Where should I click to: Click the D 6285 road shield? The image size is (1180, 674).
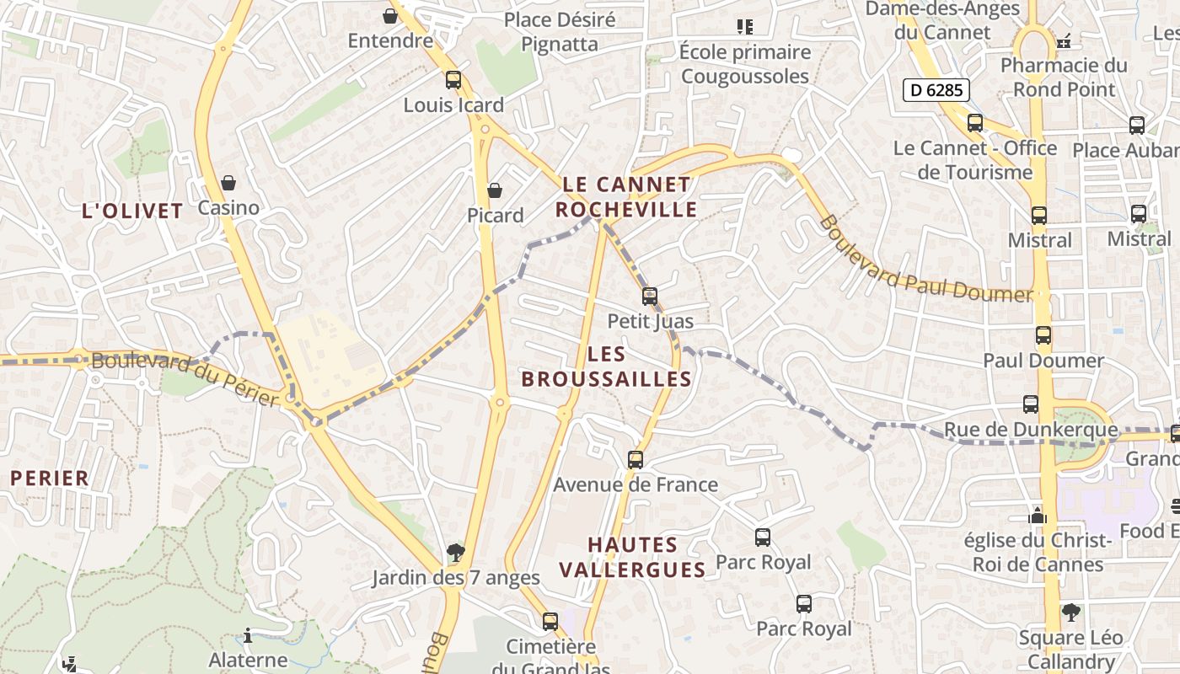[936, 90]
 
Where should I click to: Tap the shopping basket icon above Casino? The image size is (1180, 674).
[228, 183]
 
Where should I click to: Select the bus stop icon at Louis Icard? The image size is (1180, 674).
[453, 81]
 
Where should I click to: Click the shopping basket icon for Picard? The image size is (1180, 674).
[495, 191]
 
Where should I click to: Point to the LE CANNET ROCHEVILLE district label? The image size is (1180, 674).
[626, 196]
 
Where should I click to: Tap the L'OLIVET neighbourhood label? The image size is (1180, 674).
[132, 211]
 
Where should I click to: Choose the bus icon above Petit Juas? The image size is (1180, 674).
[650, 297]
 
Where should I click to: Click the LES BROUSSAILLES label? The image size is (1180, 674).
[607, 366]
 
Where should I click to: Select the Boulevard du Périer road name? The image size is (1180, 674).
[185, 379]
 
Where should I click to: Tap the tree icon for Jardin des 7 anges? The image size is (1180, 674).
[456, 553]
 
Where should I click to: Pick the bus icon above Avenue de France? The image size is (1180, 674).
[636, 460]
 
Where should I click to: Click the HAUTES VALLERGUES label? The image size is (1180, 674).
[632, 557]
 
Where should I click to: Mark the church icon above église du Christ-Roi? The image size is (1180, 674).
[1038, 515]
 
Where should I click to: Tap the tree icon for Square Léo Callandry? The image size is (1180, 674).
[1070, 612]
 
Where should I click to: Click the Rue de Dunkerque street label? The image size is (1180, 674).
[1030, 431]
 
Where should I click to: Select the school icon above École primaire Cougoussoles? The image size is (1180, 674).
[744, 27]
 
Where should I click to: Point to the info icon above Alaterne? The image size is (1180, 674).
[248, 635]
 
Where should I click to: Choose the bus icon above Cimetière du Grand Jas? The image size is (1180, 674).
[550, 622]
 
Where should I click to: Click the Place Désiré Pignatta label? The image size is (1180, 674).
[560, 31]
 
